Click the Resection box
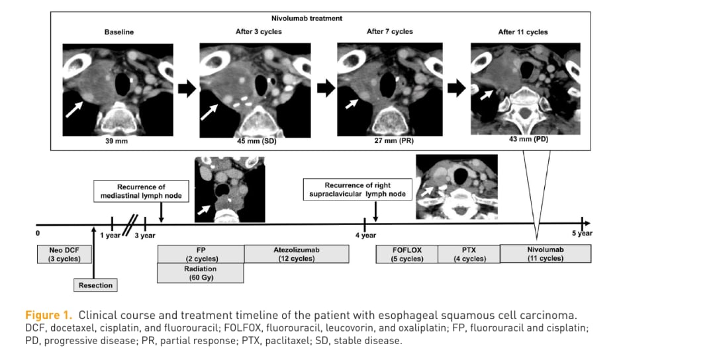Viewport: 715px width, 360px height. click(95, 285)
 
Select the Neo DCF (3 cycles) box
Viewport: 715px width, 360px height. click(64, 254)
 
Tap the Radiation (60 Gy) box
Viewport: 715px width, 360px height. click(200, 273)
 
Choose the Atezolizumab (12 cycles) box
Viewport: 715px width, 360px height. click(297, 254)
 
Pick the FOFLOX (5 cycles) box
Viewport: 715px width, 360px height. click(406, 254)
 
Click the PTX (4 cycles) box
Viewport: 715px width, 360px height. click(469, 254)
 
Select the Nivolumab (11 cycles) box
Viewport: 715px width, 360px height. click(546, 254)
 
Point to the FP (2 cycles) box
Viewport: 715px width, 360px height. click(201, 254)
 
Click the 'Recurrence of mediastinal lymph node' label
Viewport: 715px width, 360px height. click(142, 191)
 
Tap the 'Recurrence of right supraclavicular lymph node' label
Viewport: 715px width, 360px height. click(358, 189)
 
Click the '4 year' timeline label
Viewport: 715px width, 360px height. click(365, 235)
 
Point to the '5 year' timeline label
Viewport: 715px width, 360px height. click(583, 234)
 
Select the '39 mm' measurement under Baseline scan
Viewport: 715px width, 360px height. click(117, 141)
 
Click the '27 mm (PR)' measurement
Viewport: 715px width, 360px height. click(394, 141)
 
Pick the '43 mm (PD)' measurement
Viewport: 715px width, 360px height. click(528, 139)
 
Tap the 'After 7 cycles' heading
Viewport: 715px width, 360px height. click(389, 32)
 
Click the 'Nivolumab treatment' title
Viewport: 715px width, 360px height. click(307, 19)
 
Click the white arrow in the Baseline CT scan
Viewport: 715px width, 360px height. click(74, 109)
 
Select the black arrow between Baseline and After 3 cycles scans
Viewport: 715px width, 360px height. click(187, 89)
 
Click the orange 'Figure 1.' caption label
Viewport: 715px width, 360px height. click(48, 316)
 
